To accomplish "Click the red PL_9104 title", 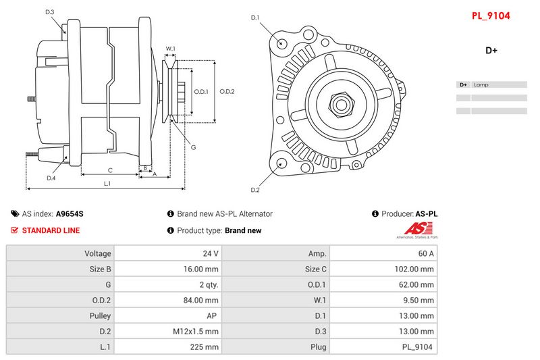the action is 491,16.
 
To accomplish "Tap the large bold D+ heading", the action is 491,50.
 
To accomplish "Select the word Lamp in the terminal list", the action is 481,84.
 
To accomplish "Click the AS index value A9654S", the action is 70,213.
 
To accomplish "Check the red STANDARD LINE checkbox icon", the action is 14,230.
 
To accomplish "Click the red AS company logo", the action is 418,228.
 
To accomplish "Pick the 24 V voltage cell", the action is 211,253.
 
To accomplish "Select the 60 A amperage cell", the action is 426,253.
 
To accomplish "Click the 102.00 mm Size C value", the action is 414,269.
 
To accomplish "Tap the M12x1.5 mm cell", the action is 196,332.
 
